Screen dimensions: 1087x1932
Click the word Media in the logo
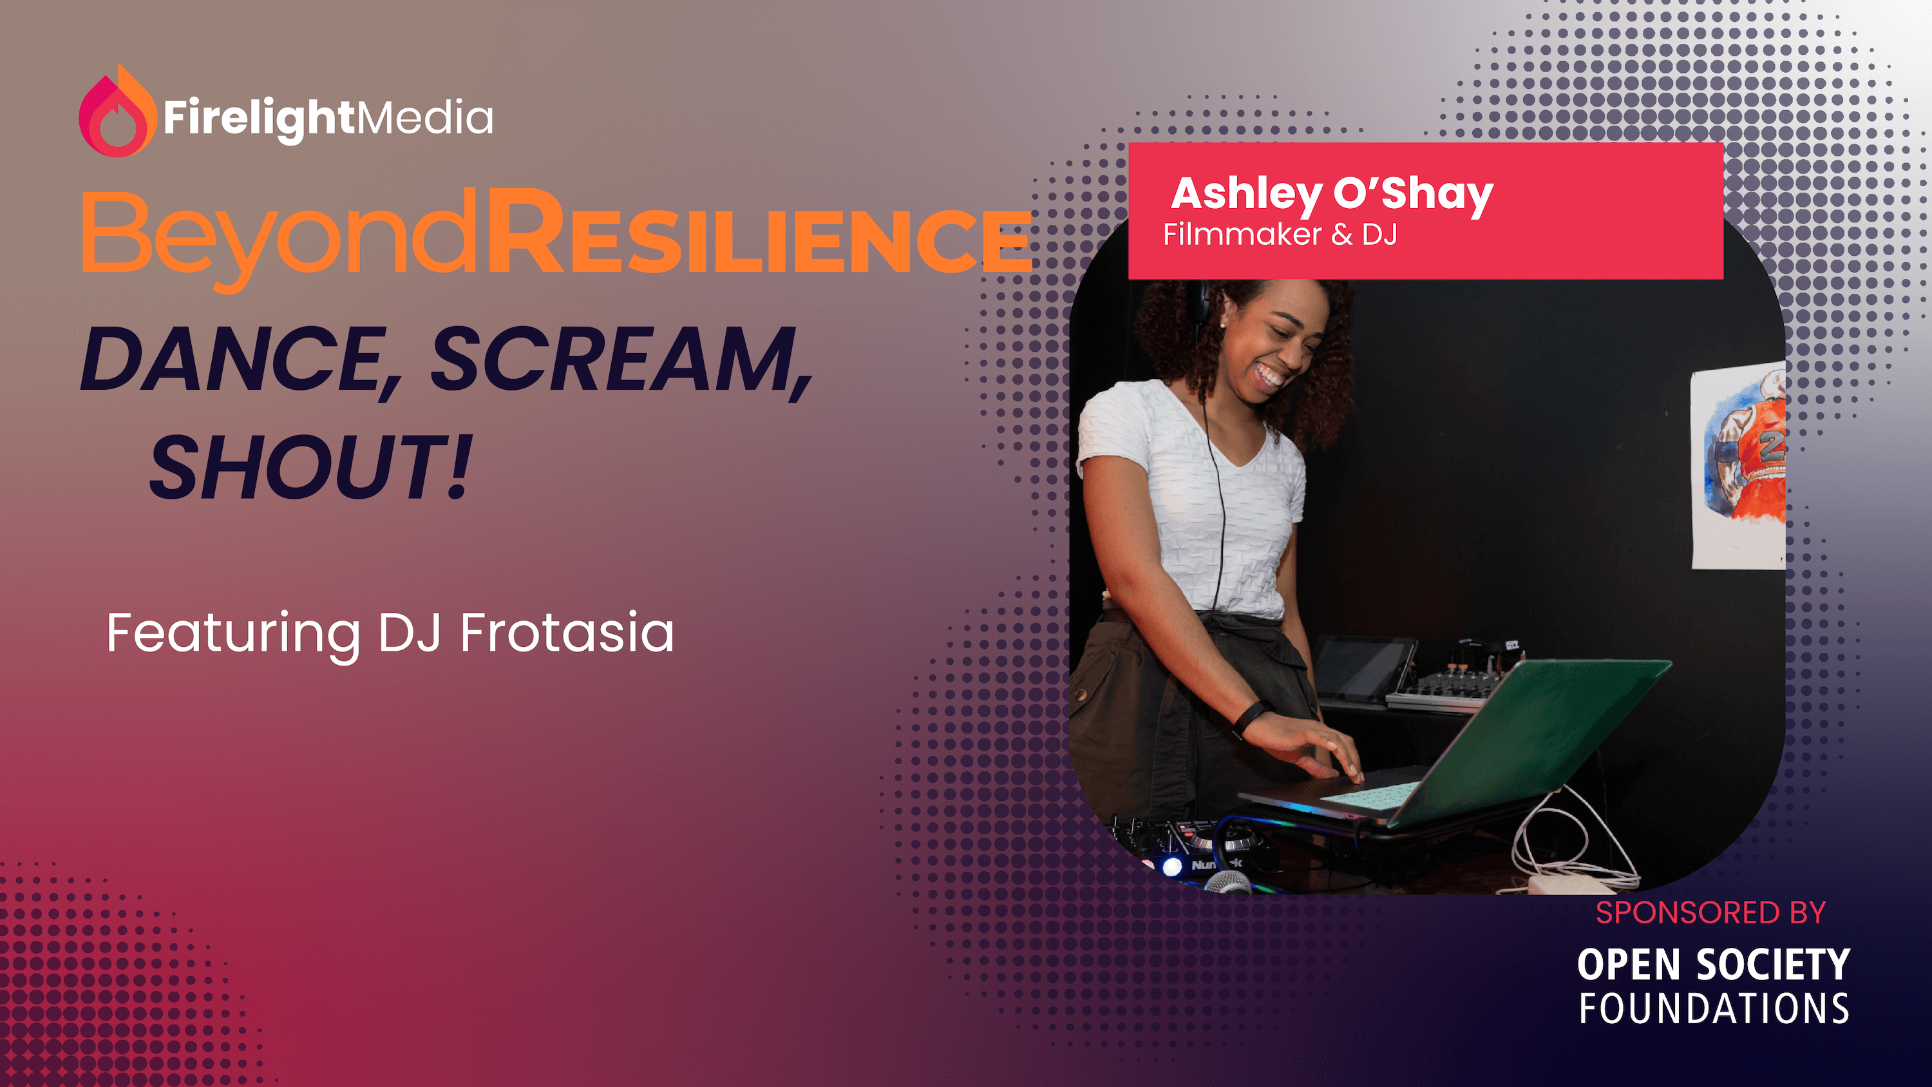424,118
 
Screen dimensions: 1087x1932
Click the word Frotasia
567,632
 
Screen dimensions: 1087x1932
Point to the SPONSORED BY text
1710,912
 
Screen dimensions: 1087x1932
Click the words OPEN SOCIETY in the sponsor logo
1713,965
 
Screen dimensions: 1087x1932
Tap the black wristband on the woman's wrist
1253,718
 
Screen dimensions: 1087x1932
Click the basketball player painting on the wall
1740,465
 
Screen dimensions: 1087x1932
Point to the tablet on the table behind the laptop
1361,668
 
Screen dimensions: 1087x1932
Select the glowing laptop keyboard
1368,795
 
